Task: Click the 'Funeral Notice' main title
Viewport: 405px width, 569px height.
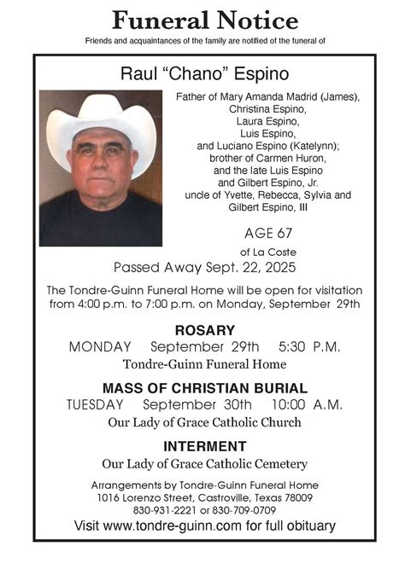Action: (x=204, y=20)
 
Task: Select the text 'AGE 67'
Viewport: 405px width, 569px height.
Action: (x=267, y=233)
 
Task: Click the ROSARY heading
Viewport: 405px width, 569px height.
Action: (x=204, y=330)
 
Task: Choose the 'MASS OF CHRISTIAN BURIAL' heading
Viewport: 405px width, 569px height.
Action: (x=204, y=387)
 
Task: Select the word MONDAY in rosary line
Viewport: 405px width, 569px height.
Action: (x=100, y=347)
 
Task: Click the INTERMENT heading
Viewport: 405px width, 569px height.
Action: (x=204, y=446)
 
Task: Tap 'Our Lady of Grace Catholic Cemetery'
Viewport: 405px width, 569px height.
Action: (x=204, y=464)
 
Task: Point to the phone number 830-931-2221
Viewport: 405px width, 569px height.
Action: (x=161, y=509)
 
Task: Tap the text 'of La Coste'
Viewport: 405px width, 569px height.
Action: (x=267, y=251)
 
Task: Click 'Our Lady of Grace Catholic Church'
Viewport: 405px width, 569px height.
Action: (x=204, y=422)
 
